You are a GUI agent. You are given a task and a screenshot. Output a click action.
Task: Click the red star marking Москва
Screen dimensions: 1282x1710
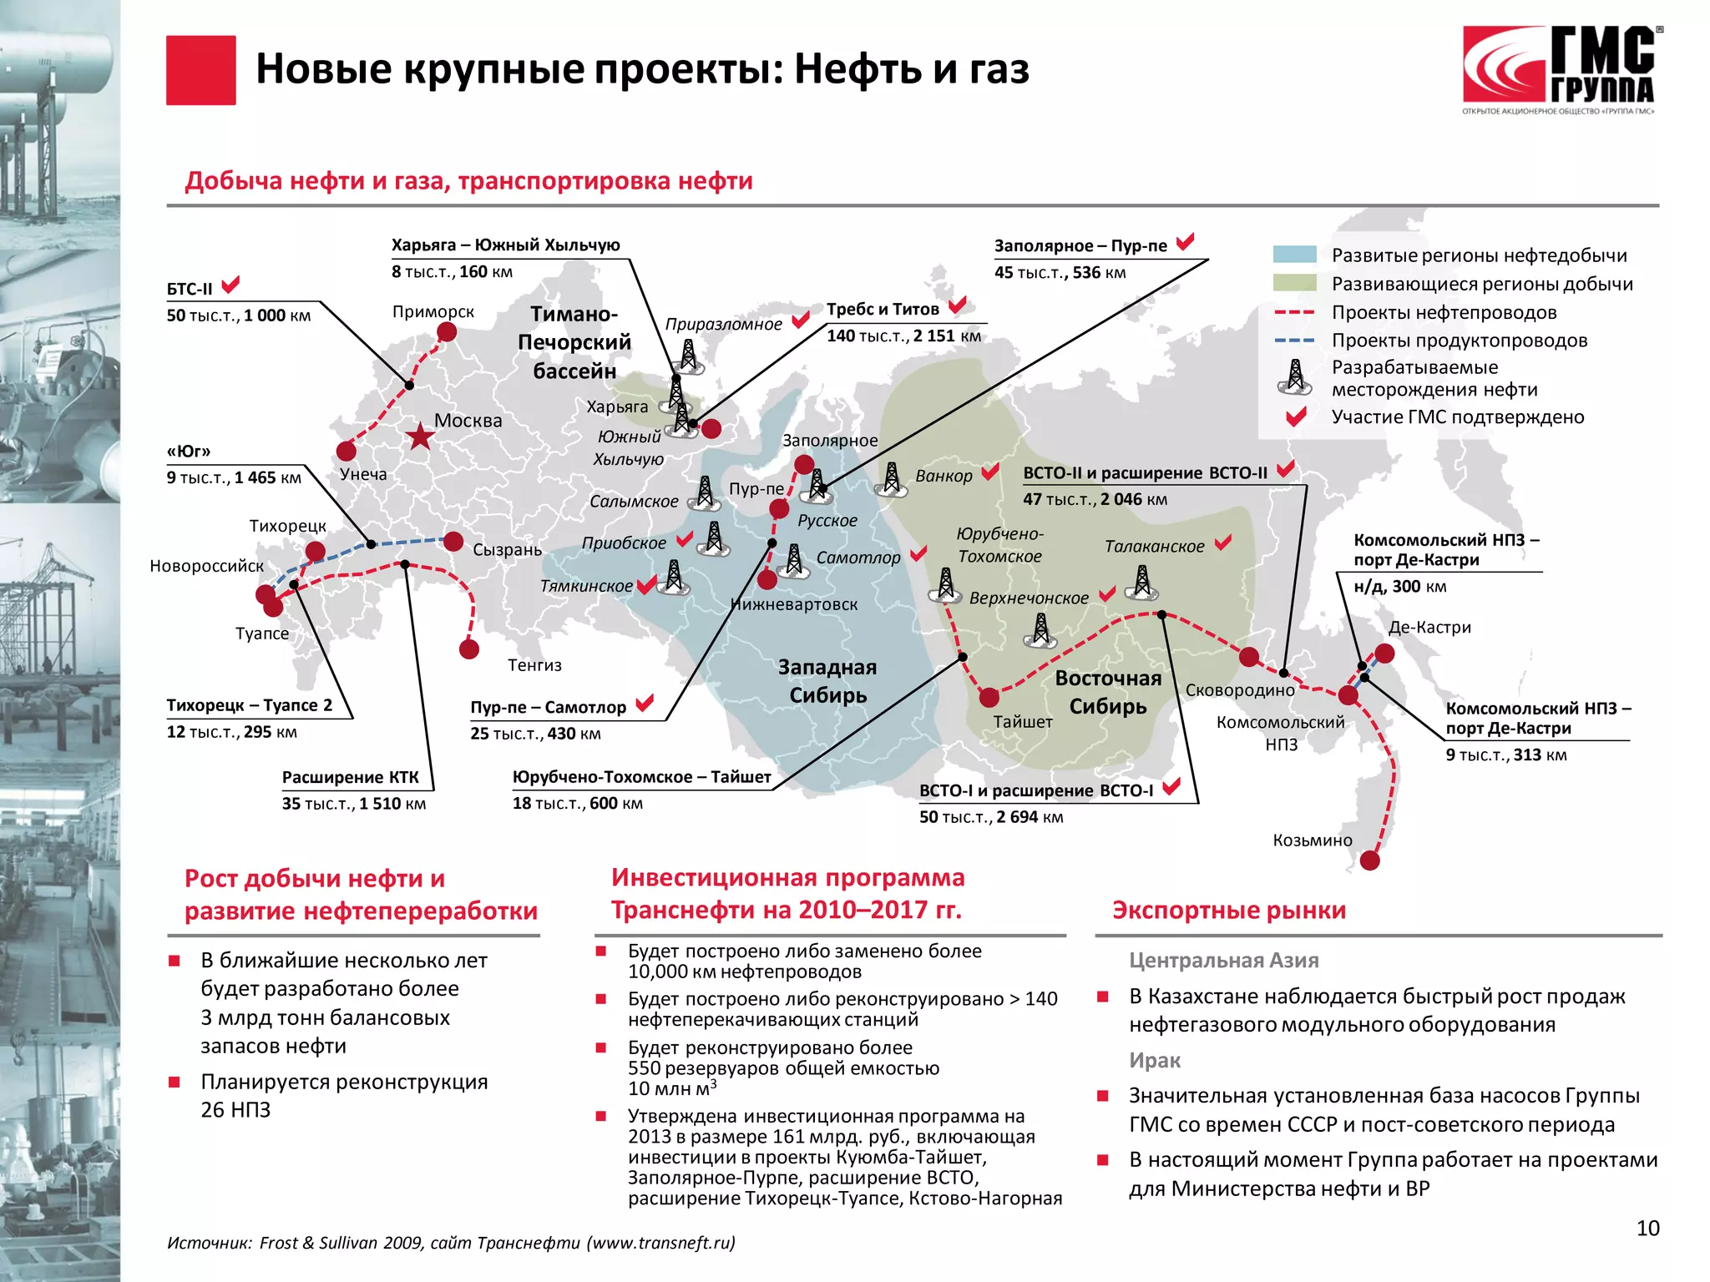(419, 435)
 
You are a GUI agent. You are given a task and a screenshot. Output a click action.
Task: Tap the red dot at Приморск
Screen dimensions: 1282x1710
(447, 332)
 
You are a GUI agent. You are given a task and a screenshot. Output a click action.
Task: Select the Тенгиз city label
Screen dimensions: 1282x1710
(534, 665)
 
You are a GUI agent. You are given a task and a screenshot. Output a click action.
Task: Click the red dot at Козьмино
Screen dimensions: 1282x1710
(1370, 861)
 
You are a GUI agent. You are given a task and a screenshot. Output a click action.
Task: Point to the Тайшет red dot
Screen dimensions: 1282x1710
(989, 697)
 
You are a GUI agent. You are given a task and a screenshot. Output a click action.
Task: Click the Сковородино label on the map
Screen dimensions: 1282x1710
(1240, 690)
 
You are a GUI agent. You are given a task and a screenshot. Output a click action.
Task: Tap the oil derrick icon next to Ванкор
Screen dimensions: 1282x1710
(892, 479)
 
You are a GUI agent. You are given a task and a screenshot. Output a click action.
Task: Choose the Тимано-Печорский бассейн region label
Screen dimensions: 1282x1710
(574, 342)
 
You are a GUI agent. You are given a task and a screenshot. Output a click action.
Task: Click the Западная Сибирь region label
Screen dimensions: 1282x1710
(827, 681)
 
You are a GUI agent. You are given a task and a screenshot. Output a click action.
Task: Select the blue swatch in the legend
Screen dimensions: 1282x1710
(1294, 255)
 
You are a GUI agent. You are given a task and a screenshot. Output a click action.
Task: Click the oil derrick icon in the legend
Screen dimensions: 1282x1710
(1294, 377)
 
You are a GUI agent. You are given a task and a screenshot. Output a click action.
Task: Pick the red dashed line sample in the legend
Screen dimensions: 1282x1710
(1294, 313)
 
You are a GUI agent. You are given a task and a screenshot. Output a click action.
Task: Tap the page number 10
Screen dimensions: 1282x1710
(1647, 1228)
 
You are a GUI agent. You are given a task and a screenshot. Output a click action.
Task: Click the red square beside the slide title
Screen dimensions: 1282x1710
(200, 70)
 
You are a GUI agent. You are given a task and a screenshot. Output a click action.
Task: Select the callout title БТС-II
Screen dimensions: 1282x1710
(190, 290)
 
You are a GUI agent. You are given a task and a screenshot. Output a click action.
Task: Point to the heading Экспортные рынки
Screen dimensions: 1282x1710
(1229, 910)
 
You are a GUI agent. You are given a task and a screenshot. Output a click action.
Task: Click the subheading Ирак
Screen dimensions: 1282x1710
(1155, 1061)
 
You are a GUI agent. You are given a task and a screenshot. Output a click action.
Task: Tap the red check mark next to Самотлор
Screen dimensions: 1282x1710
(918, 553)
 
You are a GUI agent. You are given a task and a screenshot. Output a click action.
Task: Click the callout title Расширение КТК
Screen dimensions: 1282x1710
(351, 777)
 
